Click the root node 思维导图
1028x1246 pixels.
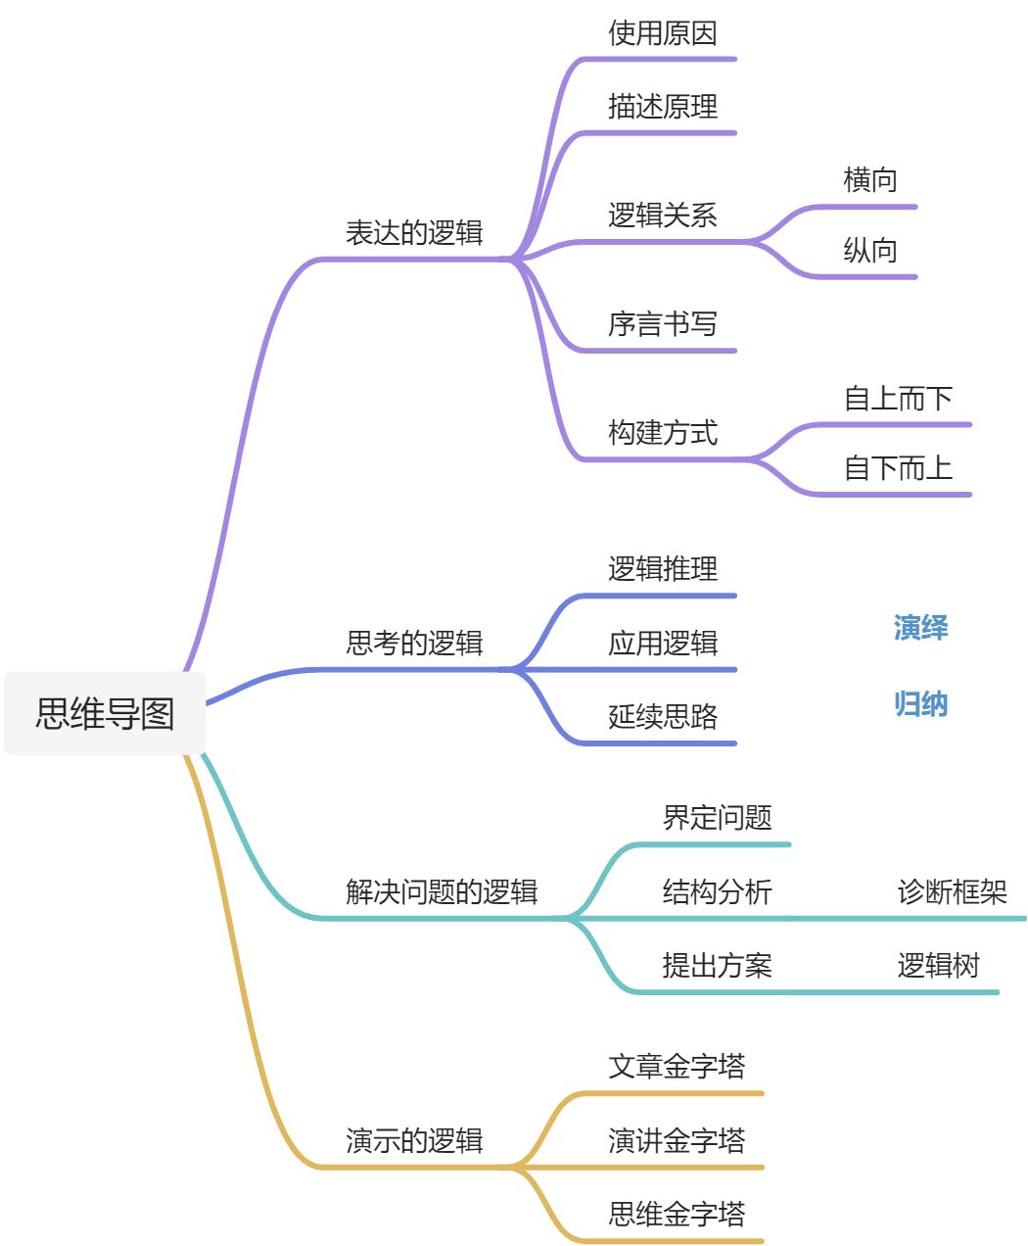click(x=105, y=713)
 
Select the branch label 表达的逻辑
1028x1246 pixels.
click(x=414, y=233)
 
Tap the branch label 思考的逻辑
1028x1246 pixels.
click(x=414, y=644)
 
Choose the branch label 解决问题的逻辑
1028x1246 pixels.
click(x=442, y=892)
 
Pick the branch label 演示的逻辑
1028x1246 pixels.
click(x=414, y=1141)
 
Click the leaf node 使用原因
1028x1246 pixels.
click(x=663, y=33)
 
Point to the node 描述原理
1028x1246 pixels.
click(x=663, y=107)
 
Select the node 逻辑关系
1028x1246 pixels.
click(x=663, y=216)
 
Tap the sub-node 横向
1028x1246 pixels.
click(x=870, y=180)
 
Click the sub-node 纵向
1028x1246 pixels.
click(x=870, y=251)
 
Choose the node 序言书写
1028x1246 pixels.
click(x=663, y=324)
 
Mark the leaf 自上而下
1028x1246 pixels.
click(x=898, y=399)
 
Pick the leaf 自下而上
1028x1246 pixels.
click(x=898, y=468)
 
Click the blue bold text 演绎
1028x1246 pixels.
click(x=920, y=628)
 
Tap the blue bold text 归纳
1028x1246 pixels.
click(x=920, y=704)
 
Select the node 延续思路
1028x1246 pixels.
click(x=663, y=717)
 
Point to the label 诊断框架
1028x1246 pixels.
click(x=952, y=892)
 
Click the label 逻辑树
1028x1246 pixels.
click(x=938, y=966)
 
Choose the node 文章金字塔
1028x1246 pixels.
click(x=677, y=1067)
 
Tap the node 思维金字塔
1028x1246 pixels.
click(x=677, y=1215)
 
